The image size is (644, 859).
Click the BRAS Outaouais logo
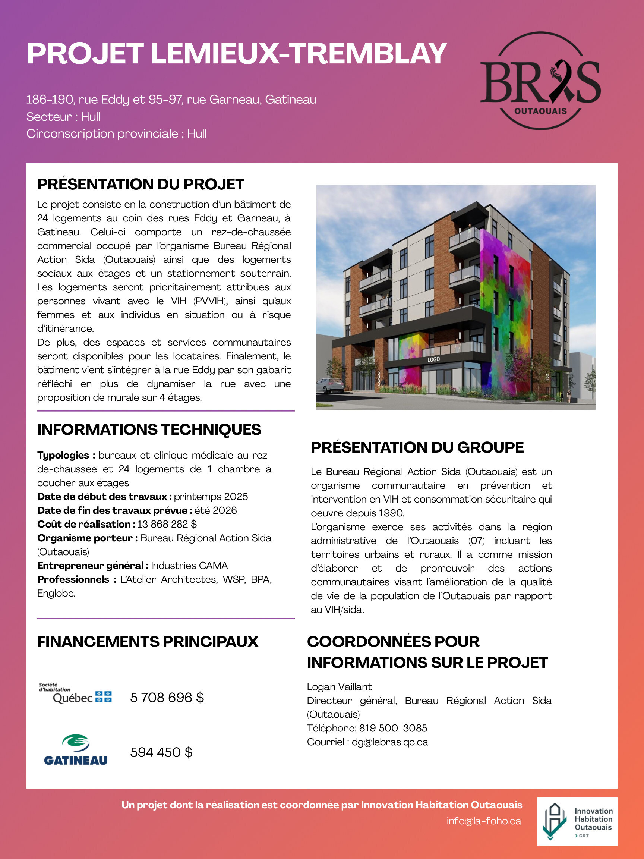(540, 81)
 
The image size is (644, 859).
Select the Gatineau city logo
(76, 750)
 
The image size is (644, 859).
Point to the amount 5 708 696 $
(167, 698)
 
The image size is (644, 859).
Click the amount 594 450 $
(161, 752)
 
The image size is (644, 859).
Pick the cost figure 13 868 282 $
(167, 524)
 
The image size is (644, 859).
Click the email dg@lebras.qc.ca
(390, 742)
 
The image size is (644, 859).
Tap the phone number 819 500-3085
(393, 728)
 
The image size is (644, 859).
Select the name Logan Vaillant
(339, 687)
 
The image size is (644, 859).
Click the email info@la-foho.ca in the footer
(484, 821)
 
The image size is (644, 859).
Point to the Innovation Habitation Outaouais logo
(577, 821)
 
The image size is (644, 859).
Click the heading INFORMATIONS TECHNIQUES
(149, 429)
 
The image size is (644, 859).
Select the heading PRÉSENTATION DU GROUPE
(417, 447)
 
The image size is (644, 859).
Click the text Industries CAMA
(189, 566)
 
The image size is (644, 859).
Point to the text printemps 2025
(211, 497)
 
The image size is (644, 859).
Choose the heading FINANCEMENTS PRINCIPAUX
(148, 642)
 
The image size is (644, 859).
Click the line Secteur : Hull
(63, 116)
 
